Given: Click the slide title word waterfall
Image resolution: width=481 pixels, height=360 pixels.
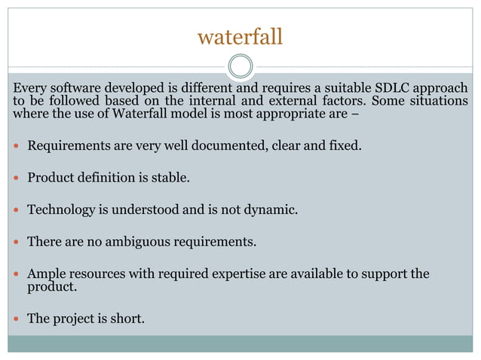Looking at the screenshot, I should (240, 36).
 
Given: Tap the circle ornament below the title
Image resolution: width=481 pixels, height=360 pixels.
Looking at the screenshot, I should (240, 66).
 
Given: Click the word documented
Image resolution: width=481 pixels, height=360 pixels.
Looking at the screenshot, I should (220, 145).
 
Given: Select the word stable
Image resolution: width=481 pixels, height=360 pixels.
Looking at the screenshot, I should (169, 178).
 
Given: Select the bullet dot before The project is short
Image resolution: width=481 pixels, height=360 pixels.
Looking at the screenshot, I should (17, 319).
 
